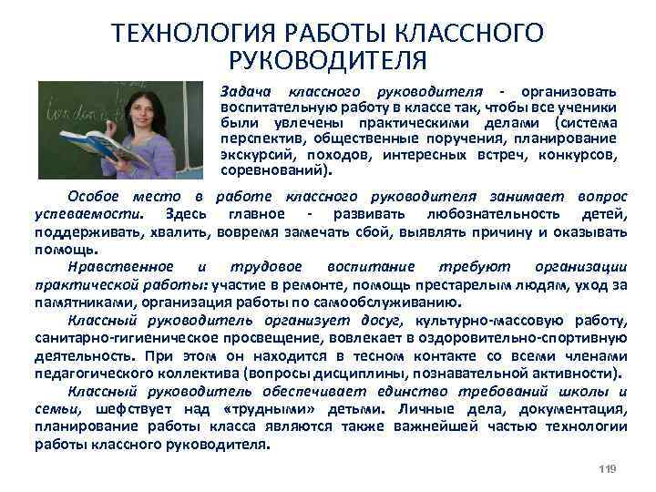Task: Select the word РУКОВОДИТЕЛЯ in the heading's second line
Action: click(328, 62)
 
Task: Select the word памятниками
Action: click(80, 302)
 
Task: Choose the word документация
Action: click(574, 408)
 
